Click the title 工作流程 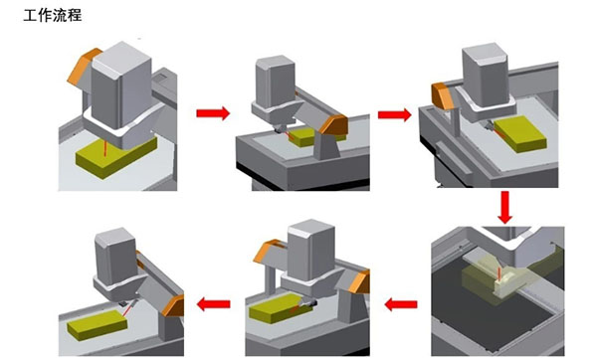53,16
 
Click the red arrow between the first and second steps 213,113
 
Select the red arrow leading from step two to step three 394,114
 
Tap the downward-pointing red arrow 504,208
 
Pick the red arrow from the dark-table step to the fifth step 401,304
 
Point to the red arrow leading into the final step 214,304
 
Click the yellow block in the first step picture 116,157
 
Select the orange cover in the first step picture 83,66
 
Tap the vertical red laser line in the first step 105,147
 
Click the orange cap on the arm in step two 334,124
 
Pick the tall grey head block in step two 276,82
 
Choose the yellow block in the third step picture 520,134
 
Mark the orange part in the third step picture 443,95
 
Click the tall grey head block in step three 486,75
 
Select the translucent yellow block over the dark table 495,280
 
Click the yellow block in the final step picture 98,325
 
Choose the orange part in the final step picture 173,305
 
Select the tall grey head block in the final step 115,256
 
